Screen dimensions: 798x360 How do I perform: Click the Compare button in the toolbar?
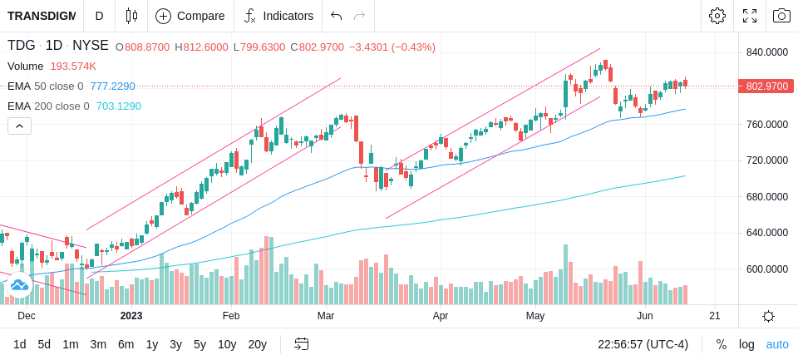(x=190, y=16)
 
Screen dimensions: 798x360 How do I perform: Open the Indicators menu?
(x=278, y=16)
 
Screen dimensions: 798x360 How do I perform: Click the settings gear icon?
(x=717, y=16)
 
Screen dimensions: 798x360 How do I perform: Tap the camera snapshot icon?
(x=781, y=16)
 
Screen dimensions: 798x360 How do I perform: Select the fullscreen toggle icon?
(x=750, y=16)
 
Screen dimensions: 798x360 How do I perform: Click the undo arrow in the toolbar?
(x=336, y=16)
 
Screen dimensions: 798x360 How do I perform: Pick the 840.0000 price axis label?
(x=767, y=52)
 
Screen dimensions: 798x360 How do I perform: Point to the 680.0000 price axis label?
(x=767, y=196)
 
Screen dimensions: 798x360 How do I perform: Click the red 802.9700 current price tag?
(x=766, y=86)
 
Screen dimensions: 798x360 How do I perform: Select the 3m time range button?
(x=98, y=345)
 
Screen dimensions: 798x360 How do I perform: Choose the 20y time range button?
(x=258, y=345)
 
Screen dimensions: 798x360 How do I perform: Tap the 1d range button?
(x=20, y=345)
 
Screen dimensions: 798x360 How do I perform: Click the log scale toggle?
(x=746, y=345)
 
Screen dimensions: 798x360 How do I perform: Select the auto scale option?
(x=777, y=345)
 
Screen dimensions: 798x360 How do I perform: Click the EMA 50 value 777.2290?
(x=113, y=86)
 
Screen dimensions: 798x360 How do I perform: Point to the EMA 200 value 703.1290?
(x=119, y=106)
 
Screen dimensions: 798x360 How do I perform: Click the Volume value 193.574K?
(x=73, y=67)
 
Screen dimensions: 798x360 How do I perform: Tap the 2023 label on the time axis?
(x=131, y=316)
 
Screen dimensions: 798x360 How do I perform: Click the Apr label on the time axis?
(x=441, y=316)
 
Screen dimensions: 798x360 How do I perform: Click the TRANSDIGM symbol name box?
(x=42, y=16)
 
